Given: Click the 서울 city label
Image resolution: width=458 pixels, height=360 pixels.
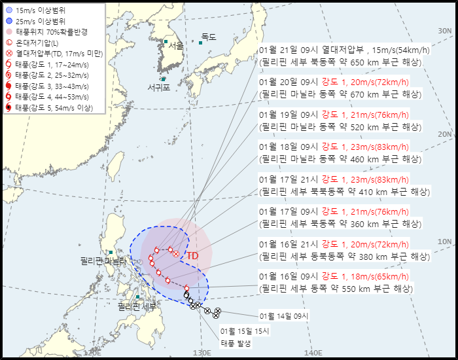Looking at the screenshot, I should click(x=176, y=46).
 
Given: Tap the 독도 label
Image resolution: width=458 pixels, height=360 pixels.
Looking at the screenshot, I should click(x=209, y=37).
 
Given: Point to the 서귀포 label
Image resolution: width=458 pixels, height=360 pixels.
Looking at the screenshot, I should click(x=158, y=87).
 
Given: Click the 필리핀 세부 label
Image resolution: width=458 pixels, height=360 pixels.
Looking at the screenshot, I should click(x=137, y=306).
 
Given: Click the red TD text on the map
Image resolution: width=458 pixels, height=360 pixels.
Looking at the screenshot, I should click(x=192, y=256).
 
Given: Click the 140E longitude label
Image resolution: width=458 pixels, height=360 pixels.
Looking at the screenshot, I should click(x=313, y=353).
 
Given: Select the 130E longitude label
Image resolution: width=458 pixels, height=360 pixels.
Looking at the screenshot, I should click(x=202, y=353).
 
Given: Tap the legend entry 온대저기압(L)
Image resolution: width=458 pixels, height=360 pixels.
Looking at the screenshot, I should click(x=37, y=43).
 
